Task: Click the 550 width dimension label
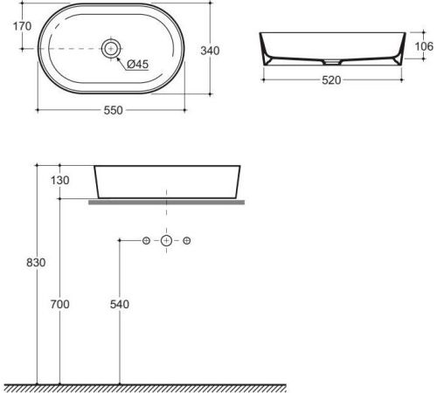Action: coord(114,110)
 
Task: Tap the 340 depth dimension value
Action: coord(210,51)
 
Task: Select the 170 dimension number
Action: coord(22,26)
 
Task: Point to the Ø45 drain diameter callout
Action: coord(138,64)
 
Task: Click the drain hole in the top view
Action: coord(111,48)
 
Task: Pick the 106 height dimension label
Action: coord(424,46)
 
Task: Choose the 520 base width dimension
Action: coord(331,80)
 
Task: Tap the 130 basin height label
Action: coord(60,181)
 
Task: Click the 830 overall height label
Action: coord(36,263)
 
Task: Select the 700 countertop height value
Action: coord(60,305)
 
